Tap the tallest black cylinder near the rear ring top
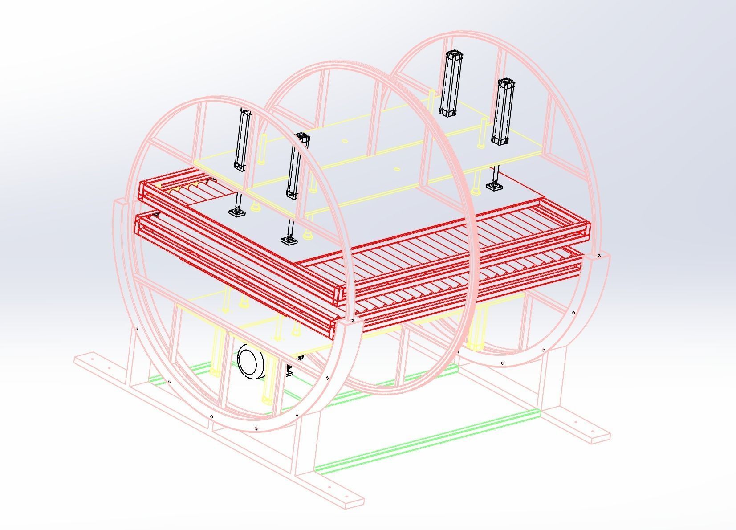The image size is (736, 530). coord(451,83)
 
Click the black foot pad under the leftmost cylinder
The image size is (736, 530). coord(237,212)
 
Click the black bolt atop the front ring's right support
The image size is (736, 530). coord(353,320)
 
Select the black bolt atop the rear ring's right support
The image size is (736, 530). coord(599,256)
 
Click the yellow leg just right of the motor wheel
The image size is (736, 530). coord(268,387)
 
